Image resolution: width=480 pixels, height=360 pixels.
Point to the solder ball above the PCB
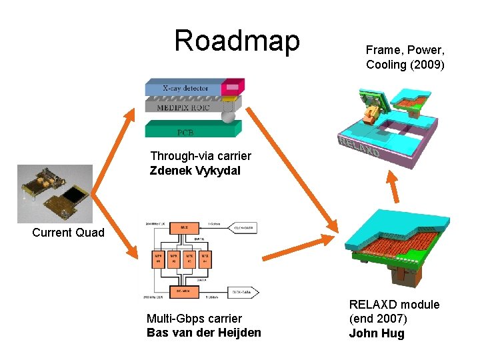(228, 117)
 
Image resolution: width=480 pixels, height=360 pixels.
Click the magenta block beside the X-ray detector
(232, 87)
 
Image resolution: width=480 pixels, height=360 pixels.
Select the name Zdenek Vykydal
(195, 171)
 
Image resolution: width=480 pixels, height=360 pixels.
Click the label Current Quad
(68, 233)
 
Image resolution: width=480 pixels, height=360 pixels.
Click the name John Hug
(377, 333)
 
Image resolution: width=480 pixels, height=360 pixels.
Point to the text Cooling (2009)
(405, 65)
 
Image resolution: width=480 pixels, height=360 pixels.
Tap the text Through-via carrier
(201, 156)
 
